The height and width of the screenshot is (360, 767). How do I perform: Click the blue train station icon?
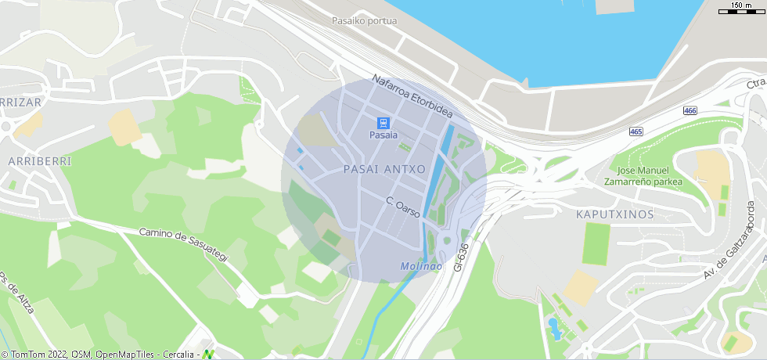pyautogui.click(x=383, y=123)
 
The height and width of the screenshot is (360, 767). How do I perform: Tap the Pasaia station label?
pyautogui.click(x=383, y=136)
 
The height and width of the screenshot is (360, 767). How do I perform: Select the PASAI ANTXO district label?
pyautogui.click(x=384, y=169)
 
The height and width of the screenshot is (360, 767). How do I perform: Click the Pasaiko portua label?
pyautogui.click(x=364, y=21)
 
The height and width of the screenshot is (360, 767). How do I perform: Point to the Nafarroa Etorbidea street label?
pyautogui.click(x=412, y=96)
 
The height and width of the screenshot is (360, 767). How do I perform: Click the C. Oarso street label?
pyautogui.click(x=403, y=207)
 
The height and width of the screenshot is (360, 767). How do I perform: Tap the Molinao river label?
pyautogui.click(x=421, y=266)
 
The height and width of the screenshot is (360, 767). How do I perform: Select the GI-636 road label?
pyautogui.click(x=463, y=257)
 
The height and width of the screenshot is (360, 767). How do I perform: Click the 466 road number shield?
pyautogui.click(x=690, y=111)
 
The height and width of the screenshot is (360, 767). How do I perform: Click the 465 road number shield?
pyautogui.click(x=636, y=131)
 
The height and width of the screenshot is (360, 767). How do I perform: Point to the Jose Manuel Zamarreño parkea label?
pyautogui.click(x=643, y=176)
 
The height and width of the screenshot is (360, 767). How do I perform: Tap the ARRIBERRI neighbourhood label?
pyautogui.click(x=39, y=161)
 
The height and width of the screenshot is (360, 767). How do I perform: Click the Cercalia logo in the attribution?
pyautogui.click(x=209, y=354)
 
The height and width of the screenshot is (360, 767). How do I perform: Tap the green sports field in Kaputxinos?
pyautogui.click(x=596, y=243)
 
